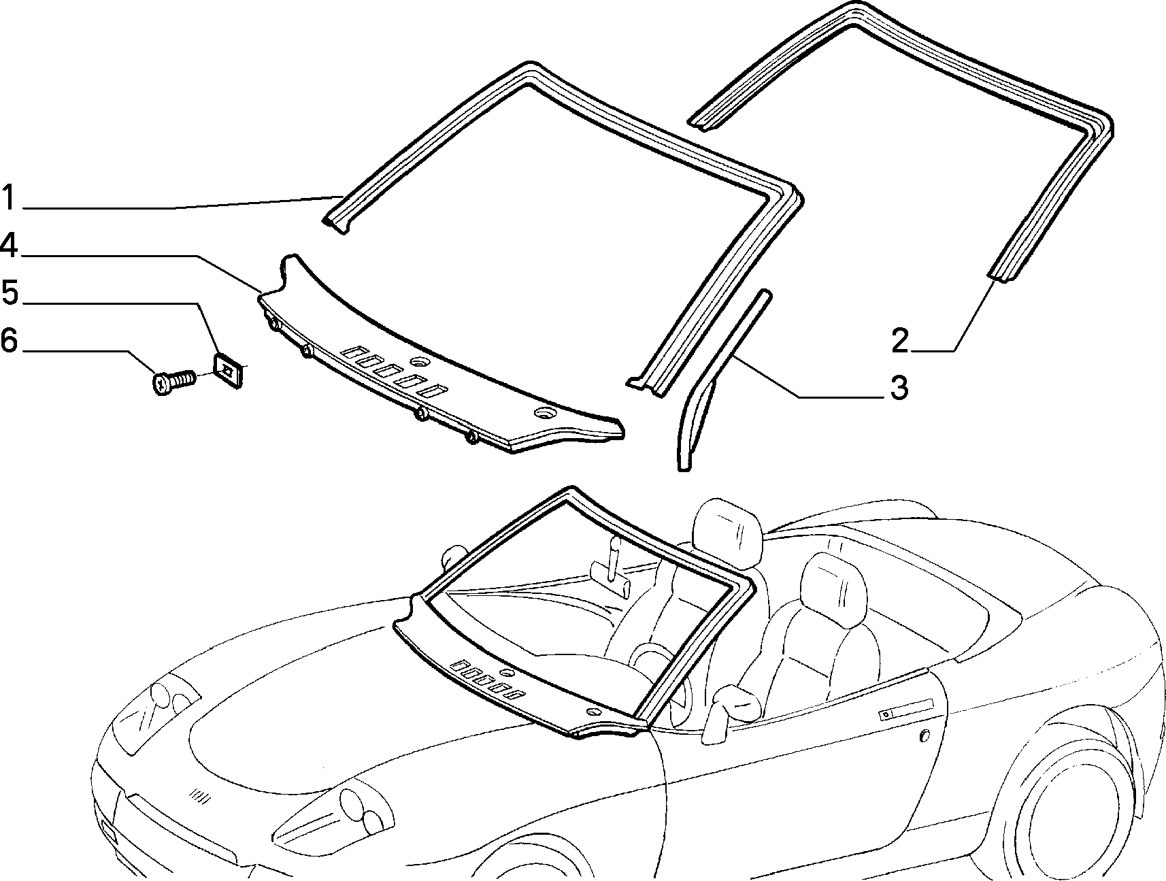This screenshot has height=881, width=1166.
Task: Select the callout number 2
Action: tap(900, 340)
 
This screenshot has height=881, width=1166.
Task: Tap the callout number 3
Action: tap(899, 388)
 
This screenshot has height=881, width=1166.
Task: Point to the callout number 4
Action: tap(9, 246)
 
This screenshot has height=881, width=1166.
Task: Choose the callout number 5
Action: tap(10, 293)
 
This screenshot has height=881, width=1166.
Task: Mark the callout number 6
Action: tap(9, 340)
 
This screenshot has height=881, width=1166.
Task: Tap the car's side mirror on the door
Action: tap(733, 708)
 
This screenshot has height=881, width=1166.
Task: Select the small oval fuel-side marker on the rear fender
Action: tap(924, 736)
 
